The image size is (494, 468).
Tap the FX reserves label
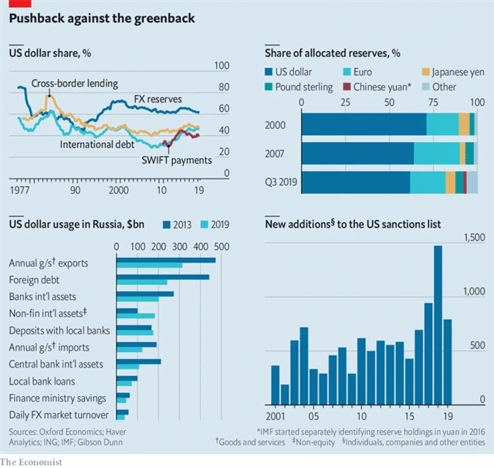click(x=157, y=99)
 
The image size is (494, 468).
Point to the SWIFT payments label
click(x=177, y=161)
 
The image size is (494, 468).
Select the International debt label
click(x=97, y=144)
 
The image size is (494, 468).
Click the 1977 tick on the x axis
click(x=20, y=189)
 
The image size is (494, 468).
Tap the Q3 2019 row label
click(x=279, y=183)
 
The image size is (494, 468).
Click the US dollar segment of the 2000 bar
click(x=363, y=124)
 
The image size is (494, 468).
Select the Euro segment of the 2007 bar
click(x=436, y=154)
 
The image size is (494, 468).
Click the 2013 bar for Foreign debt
click(x=163, y=276)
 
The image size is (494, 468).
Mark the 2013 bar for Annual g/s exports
click(x=166, y=260)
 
